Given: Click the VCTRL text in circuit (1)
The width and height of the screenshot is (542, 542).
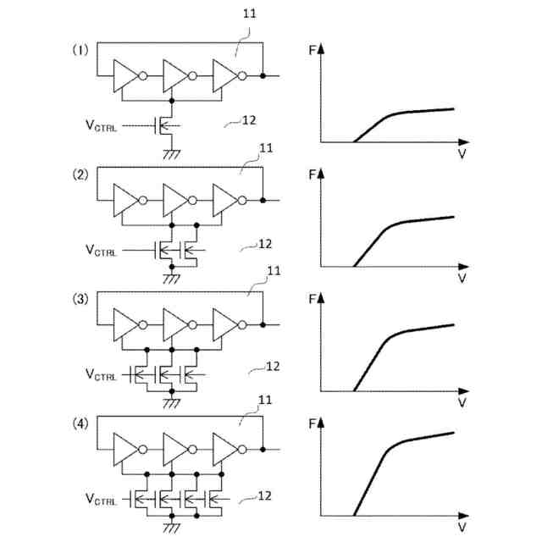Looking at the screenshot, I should click(101, 126).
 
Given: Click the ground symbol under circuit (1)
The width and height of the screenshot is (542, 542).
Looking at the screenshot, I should click(173, 153).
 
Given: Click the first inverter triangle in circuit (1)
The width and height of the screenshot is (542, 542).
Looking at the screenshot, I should click(123, 76).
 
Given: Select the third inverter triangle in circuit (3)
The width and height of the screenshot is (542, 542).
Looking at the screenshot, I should click(224, 324).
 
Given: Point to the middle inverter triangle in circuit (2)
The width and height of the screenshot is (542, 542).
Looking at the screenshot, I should click(174, 201).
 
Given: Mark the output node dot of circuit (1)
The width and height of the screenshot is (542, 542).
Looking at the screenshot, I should click(263, 76).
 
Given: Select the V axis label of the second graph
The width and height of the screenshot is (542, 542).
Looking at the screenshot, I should click(462, 277).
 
